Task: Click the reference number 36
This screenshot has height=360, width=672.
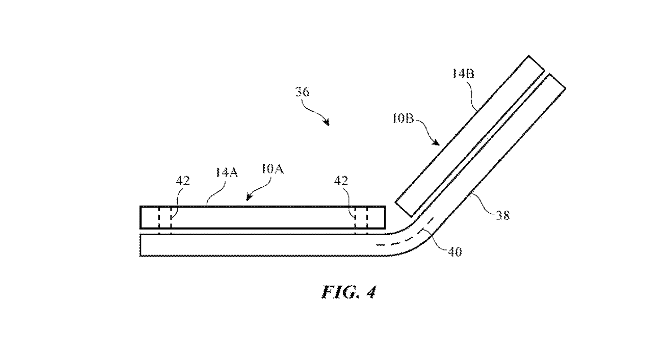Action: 302,92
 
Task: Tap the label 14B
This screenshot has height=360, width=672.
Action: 463,74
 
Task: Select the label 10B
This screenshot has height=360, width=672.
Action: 403,119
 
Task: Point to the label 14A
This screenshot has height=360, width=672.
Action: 226,172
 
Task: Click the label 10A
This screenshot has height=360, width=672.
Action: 273,169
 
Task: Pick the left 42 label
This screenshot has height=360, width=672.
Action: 183,181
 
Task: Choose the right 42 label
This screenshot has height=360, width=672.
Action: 341,181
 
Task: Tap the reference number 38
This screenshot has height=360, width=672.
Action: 502,216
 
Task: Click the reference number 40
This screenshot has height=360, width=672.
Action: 455,252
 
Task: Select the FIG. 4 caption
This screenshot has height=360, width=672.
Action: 348,292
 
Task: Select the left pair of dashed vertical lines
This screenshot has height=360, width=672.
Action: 165,218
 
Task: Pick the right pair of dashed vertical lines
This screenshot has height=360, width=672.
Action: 361,218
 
